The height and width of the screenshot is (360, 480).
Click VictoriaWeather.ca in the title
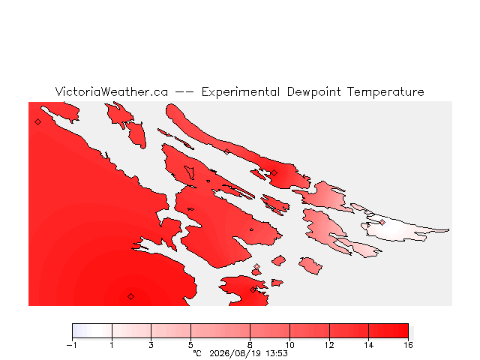tap(112, 91)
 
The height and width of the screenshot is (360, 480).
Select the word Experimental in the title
tap(241, 92)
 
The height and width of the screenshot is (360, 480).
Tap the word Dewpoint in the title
tap(313, 92)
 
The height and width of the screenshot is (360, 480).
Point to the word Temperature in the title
tap(385, 92)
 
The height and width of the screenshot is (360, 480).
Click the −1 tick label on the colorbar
tap(72, 345)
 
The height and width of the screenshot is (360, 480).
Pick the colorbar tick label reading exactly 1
tap(112, 345)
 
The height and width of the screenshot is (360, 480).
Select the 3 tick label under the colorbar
tap(151, 345)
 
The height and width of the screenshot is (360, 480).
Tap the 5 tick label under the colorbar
tap(190, 345)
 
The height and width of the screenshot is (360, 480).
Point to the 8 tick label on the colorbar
tap(250, 345)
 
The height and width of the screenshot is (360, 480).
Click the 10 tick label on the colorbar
tap(289, 345)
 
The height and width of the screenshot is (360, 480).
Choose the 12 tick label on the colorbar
tap(329, 345)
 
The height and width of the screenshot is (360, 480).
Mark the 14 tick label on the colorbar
tap(368, 345)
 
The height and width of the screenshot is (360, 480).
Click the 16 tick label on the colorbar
tap(408, 345)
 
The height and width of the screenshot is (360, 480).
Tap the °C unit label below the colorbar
tap(197, 353)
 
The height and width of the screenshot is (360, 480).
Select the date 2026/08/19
tap(235, 353)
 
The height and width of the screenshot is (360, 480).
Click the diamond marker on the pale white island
tap(382, 223)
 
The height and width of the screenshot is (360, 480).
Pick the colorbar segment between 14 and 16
tap(388, 331)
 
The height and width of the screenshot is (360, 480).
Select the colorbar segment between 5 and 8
tap(220, 331)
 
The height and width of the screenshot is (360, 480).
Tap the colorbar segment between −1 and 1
tap(92, 331)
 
